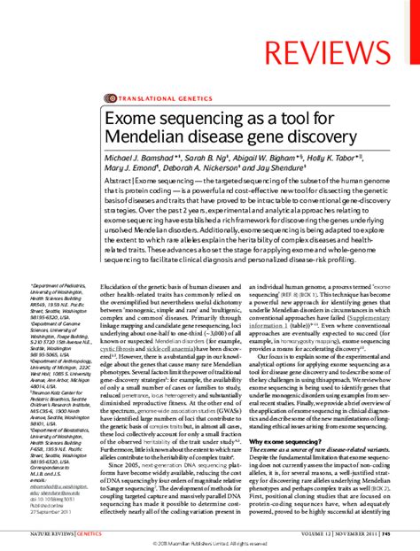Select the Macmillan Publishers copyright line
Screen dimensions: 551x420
[210, 542]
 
